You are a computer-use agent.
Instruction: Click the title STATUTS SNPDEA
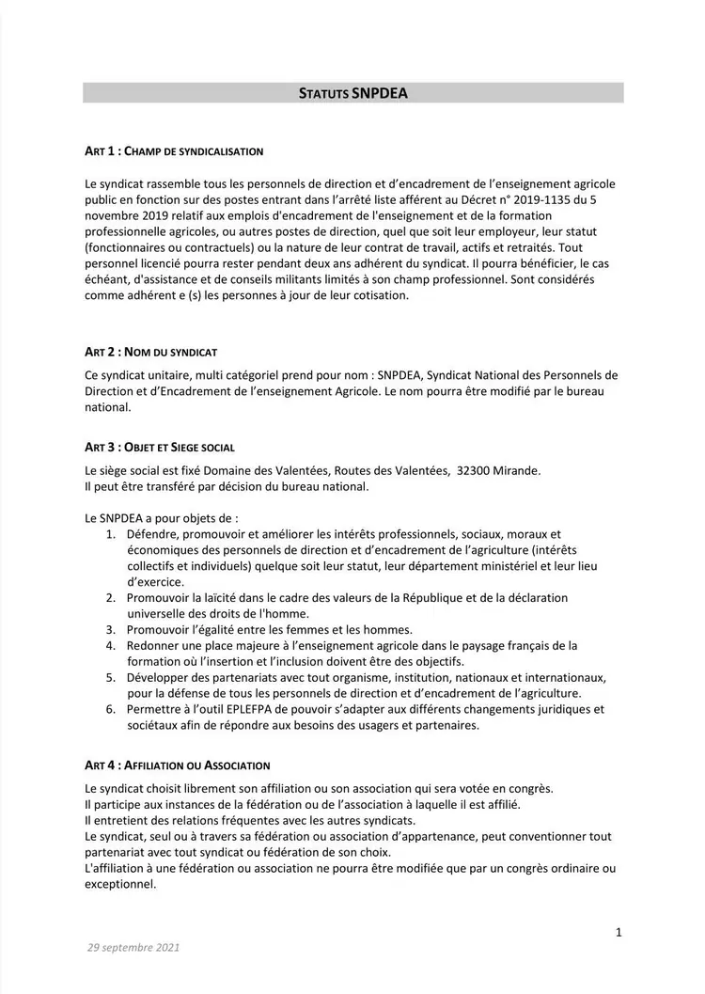(352, 93)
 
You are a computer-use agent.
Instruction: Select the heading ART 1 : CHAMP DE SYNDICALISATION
(174, 150)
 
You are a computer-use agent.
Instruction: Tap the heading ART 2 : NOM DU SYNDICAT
(150, 352)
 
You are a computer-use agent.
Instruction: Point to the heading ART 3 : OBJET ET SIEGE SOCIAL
(160, 447)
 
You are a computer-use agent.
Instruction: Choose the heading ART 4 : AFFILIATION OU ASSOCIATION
(177, 765)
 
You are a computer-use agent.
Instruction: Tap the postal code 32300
(476, 470)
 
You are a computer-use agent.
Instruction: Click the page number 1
(619, 932)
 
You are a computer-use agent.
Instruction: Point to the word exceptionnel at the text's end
(118, 884)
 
